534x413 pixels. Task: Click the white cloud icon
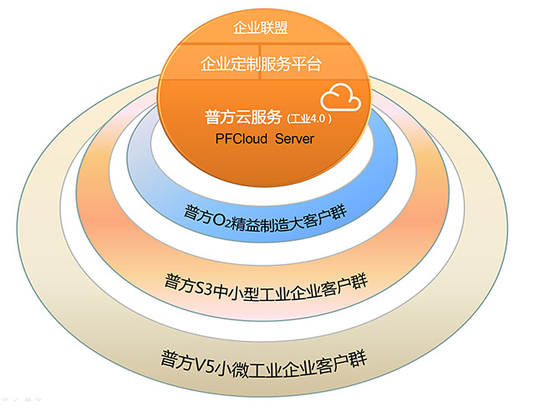click(x=343, y=97)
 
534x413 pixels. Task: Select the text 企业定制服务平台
click(x=262, y=64)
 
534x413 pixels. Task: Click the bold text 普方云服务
click(x=243, y=115)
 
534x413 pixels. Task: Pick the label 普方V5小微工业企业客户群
click(x=265, y=362)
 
